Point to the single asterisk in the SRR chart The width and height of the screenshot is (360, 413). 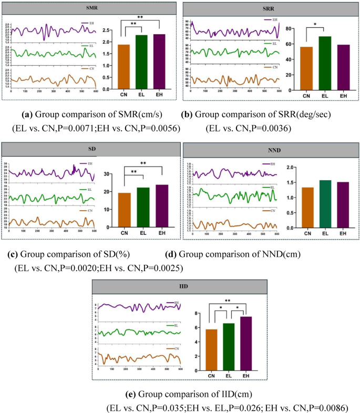(315, 23)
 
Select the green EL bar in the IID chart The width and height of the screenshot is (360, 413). (229, 347)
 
